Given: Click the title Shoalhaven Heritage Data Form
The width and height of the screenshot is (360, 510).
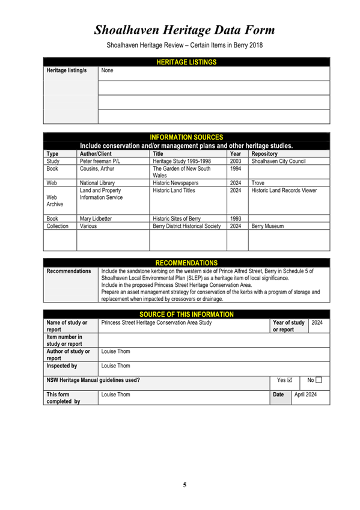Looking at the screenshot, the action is tap(185, 29).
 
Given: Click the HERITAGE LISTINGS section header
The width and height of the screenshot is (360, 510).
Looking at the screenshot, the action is tap(186, 61).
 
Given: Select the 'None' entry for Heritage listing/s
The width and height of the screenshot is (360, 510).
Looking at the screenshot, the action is tap(108, 71).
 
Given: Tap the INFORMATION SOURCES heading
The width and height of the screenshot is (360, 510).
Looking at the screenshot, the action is tap(186, 138).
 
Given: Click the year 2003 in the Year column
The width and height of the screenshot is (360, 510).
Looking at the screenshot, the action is tap(236, 161).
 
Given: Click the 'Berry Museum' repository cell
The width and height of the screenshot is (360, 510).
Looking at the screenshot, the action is tap(267, 227).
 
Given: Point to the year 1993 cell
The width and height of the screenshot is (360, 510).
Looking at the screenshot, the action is tap(236, 218).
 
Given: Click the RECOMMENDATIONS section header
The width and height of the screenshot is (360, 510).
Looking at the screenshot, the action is tap(186, 263).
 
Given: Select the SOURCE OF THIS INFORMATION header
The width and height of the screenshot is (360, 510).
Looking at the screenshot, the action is tap(186, 315).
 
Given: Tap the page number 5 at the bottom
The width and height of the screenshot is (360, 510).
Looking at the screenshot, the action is tap(185, 485).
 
